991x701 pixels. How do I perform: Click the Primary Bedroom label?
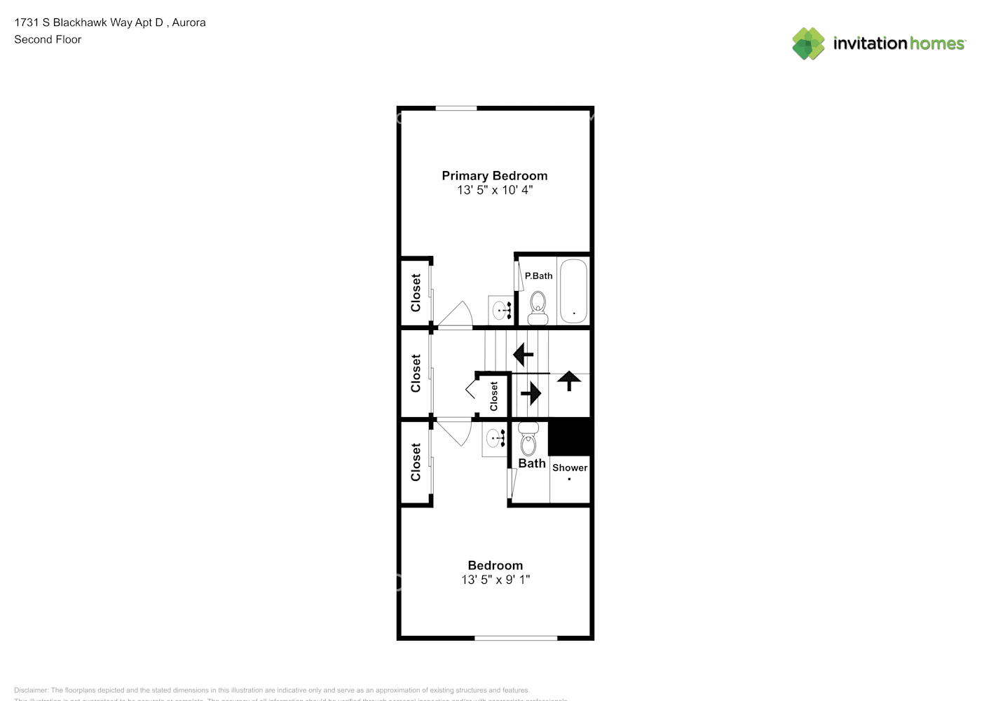(x=494, y=176)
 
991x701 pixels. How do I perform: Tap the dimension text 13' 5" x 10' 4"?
(x=494, y=190)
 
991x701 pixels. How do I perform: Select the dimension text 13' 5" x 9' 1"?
(x=495, y=580)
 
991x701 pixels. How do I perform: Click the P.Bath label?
(x=538, y=276)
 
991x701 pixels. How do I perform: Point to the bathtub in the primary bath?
(x=573, y=292)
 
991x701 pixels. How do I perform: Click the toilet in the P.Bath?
(x=538, y=308)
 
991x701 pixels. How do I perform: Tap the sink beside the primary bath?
(x=501, y=309)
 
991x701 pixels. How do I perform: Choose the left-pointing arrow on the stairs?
(x=523, y=354)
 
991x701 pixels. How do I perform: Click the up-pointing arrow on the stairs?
(x=568, y=381)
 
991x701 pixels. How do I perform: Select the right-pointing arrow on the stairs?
(x=531, y=393)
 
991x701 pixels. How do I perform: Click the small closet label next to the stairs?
(x=494, y=396)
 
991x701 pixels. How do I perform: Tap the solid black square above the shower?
(x=570, y=437)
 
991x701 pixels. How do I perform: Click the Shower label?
(x=570, y=468)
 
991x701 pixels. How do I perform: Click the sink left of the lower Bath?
(x=496, y=439)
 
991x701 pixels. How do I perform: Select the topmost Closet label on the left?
(x=416, y=292)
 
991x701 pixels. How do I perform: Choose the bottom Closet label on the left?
(x=416, y=462)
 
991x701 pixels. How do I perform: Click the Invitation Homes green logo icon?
(x=808, y=43)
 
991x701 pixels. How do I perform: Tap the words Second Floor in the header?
(x=48, y=40)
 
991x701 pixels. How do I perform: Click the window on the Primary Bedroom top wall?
(x=456, y=108)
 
